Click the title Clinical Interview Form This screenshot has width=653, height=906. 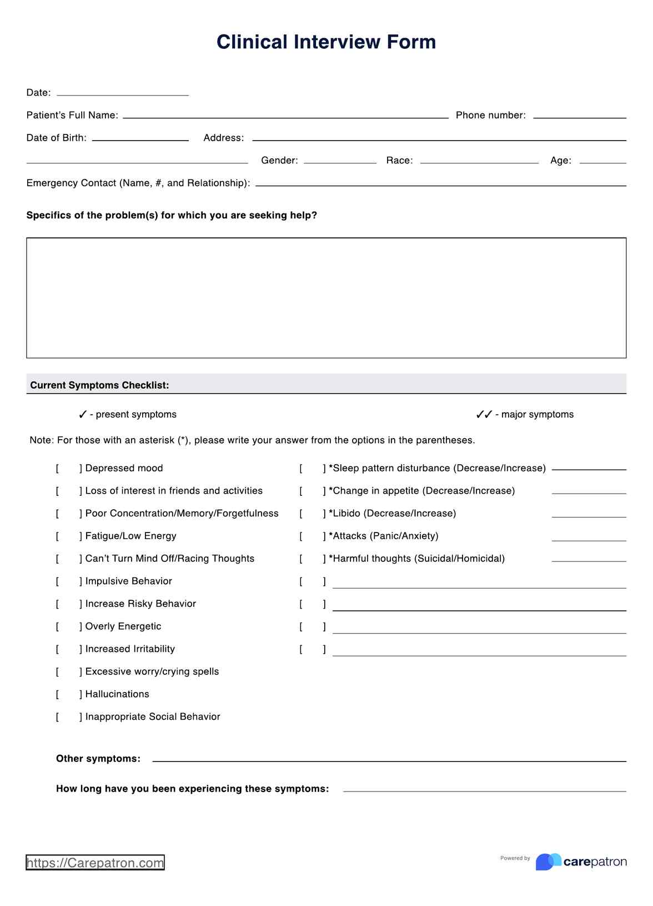326,42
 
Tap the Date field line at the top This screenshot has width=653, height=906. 122,92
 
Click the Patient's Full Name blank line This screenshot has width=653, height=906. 285,115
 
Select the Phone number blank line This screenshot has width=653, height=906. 579,115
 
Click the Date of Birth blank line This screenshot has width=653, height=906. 140,138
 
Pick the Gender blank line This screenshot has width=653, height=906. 340,160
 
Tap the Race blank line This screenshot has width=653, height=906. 479,160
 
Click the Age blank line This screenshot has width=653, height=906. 602,160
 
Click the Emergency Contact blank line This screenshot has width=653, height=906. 440,183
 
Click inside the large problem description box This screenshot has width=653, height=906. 326,298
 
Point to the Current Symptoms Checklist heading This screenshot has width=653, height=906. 100,385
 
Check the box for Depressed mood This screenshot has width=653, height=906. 68,469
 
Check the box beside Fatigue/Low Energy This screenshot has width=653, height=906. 68,536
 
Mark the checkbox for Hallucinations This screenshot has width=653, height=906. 68,694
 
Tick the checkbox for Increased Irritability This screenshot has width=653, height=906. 68,649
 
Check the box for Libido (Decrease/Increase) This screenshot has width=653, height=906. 312,514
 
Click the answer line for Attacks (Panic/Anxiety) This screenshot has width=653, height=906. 589,537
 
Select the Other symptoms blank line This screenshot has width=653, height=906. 389,759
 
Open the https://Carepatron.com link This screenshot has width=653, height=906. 95,863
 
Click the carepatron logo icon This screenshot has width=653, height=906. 548,862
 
